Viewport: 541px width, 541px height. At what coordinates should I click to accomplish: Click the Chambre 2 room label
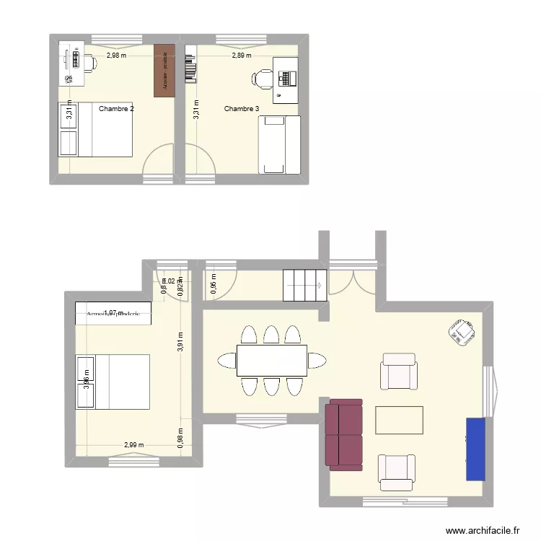tap(116, 109)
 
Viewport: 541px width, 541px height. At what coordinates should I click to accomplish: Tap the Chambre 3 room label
tap(242, 109)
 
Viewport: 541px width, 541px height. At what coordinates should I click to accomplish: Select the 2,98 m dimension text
tap(116, 55)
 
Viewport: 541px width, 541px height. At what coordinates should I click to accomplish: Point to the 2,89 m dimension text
tap(242, 55)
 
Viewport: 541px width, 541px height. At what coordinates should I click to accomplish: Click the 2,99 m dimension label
tap(133, 445)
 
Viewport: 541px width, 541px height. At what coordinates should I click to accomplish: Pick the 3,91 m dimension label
tap(180, 340)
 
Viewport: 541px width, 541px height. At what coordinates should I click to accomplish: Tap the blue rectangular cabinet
tap(475, 448)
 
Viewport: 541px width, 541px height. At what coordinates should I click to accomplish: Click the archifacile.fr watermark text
tap(483, 530)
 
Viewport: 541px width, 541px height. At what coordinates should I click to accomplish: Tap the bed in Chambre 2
tap(96, 129)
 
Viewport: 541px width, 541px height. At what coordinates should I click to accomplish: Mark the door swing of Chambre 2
tap(159, 162)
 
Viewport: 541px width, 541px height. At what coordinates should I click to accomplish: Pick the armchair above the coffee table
tap(399, 371)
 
